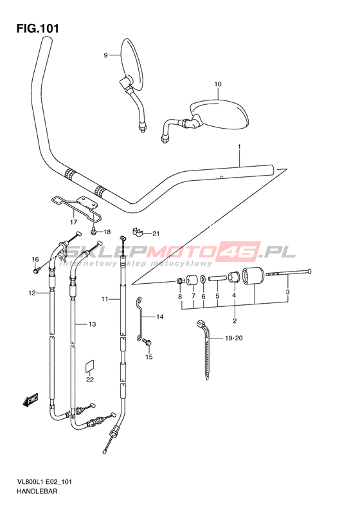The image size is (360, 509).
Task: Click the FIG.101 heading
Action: [38, 28]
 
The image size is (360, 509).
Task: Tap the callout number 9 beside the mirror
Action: [105, 55]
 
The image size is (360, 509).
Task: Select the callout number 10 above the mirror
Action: [218, 84]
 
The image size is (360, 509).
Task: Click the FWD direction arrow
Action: [30, 400]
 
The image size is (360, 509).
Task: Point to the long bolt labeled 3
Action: [289, 273]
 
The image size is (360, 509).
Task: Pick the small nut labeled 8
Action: [179, 280]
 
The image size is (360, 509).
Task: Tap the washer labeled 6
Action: [203, 279]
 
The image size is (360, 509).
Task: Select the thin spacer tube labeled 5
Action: [217, 279]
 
